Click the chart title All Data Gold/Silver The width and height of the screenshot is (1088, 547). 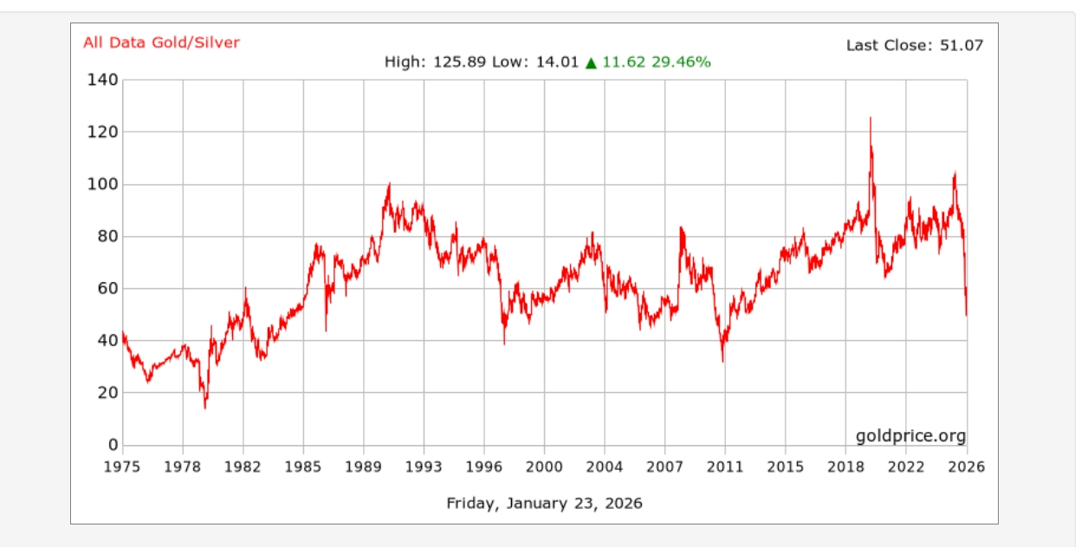(161, 42)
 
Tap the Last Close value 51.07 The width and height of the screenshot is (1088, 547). (962, 45)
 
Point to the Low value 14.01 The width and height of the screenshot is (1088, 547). (557, 62)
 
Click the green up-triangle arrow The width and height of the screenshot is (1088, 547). (592, 62)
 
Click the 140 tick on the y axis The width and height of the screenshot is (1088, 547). (103, 80)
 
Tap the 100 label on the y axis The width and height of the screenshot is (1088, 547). (103, 184)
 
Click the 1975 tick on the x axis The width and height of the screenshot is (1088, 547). (123, 467)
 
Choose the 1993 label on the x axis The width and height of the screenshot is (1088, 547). (424, 467)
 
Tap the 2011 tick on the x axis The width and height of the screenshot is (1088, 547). (725, 467)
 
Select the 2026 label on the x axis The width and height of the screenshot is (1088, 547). (966, 467)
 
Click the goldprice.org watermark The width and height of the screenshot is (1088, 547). (910, 435)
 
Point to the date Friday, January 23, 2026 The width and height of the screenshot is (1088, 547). (544, 503)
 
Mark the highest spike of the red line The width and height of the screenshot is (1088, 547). (871, 119)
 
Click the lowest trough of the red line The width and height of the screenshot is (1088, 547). (205, 408)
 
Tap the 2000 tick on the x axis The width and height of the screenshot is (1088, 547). (544, 467)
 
